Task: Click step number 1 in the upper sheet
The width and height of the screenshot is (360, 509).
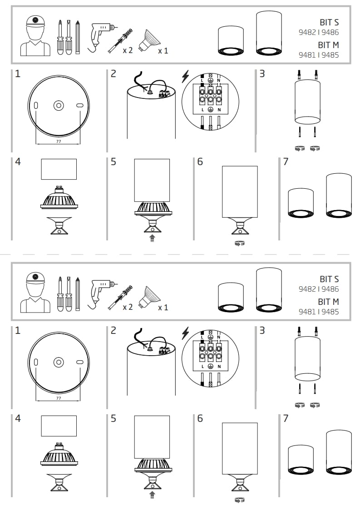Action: pos(18,73)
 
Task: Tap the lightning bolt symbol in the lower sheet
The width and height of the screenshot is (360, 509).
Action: pos(185,333)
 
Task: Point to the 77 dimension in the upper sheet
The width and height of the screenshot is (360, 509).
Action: pos(59,141)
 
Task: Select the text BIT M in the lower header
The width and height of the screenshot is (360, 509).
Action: pos(329,302)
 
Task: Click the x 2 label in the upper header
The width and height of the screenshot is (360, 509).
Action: pos(128,50)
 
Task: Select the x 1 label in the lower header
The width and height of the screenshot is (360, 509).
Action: pos(163,308)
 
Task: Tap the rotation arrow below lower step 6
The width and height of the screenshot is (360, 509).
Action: pos(240,500)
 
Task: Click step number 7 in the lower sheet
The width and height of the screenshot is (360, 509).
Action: pos(286,418)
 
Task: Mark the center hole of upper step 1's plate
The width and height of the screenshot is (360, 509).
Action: pos(58,105)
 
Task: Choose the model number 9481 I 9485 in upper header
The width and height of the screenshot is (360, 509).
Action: pos(318,55)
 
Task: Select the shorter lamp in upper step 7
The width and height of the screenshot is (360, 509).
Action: pos(301,204)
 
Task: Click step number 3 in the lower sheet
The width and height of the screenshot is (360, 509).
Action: pos(262,330)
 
